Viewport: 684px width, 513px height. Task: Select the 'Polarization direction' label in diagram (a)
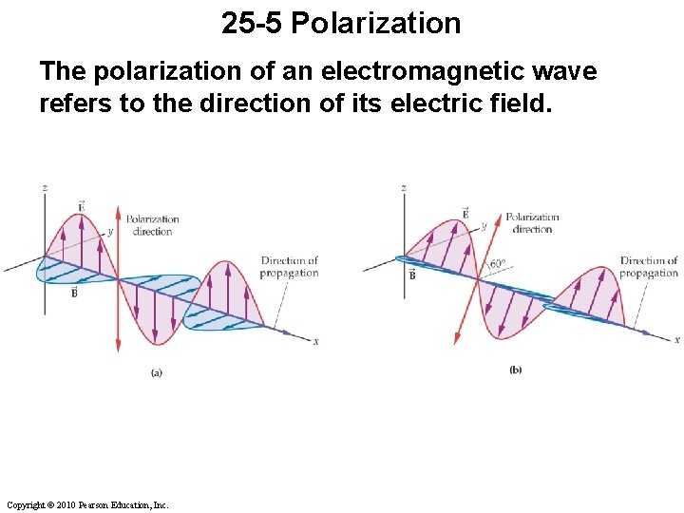click(x=152, y=225)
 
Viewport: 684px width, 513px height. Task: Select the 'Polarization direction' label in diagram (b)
click(x=532, y=222)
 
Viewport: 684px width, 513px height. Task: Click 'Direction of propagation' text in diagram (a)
click(x=290, y=267)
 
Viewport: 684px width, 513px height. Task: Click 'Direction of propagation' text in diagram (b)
click(x=649, y=267)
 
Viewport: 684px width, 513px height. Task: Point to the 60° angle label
click(x=498, y=265)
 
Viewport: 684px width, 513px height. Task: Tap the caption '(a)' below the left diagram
click(x=157, y=373)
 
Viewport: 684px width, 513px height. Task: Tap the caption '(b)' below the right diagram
click(x=516, y=370)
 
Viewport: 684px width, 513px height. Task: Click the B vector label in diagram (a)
click(x=73, y=292)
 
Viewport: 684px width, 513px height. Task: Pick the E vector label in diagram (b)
click(x=465, y=213)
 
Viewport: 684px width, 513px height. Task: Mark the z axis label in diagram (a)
click(x=45, y=188)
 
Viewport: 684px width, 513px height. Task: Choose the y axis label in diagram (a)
click(x=110, y=231)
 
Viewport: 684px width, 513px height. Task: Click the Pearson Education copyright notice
click(x=86, y=504)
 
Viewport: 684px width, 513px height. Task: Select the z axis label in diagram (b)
click(x=404, y=188)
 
